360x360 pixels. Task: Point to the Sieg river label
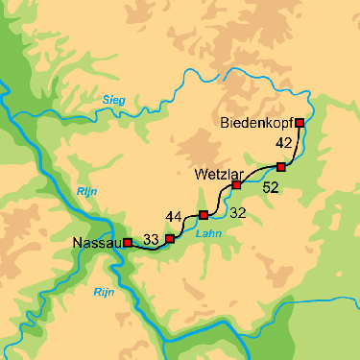pos(114,99)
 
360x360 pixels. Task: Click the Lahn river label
pos(202,233)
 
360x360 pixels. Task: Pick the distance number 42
pos(283,143)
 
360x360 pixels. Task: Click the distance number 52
pos(270,188)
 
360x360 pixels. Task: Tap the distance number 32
pos(238,211)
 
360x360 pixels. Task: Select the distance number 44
pos(174,215)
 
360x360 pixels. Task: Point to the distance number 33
pos(151,239)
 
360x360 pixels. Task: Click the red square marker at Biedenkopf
pos(300,122)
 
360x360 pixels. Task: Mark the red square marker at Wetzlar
pos(236,184)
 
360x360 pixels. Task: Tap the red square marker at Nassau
pos(128,243)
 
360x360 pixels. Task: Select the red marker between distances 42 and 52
pos(280,167)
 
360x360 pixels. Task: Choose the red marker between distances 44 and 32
pos(203,215)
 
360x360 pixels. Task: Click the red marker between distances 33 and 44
pos(170,238)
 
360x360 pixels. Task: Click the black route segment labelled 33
pos(149,248)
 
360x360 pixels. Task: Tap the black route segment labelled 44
pos(185,223)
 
